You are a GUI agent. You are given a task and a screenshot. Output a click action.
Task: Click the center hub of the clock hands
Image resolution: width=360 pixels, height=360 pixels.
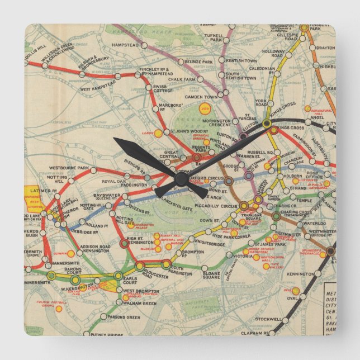click(181, 178)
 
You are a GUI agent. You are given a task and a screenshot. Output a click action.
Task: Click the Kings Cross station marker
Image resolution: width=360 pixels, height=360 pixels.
click(267, 123)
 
